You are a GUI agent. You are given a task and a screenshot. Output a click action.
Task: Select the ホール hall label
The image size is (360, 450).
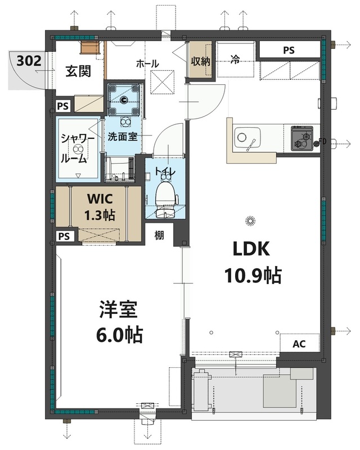[x=147, y=64]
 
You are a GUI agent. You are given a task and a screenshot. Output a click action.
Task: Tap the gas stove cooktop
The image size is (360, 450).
[x=302, y=138]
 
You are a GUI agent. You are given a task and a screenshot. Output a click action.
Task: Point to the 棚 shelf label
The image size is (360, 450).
[x=159, y=236]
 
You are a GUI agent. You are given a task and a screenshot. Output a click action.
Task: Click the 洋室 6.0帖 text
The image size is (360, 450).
[x=119, y=322]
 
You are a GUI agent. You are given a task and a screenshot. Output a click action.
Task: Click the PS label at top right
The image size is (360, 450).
[x=289, y=50]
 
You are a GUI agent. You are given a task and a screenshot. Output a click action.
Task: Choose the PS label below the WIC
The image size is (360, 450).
[x=65, y=236]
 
